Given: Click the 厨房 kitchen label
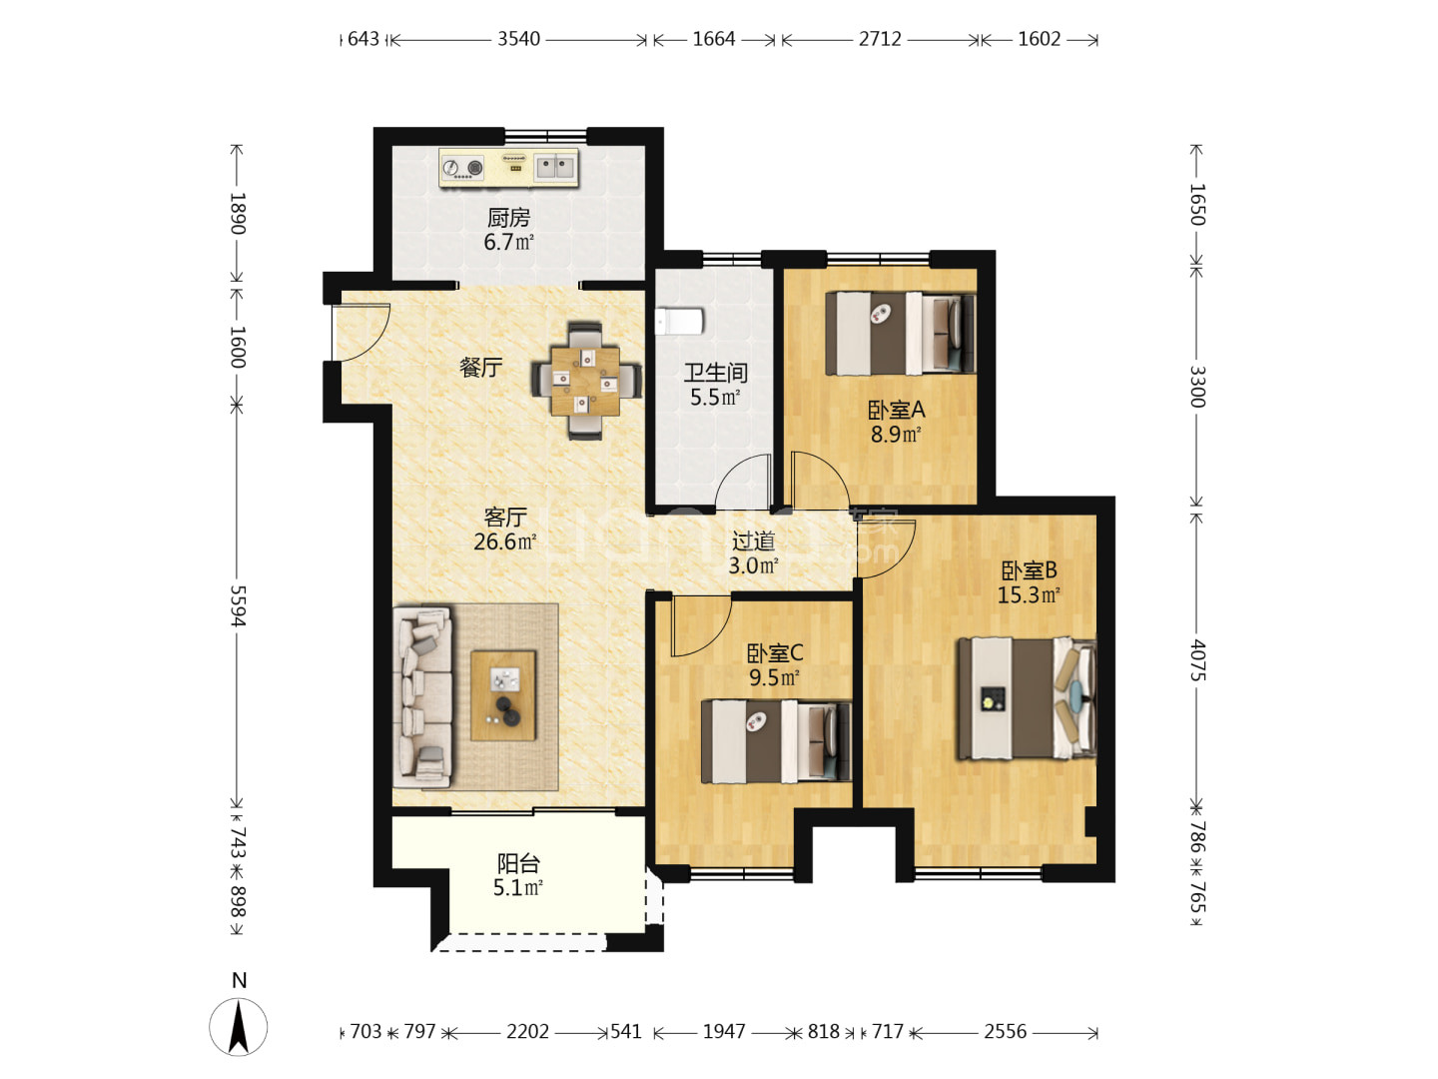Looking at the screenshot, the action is pos(508,217).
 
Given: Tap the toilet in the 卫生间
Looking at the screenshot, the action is pos(679,321).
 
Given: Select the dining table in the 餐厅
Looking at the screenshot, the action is pos(585,381).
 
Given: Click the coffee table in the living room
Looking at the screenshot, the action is pos(503,695).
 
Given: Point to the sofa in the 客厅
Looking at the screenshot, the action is pos(422,697).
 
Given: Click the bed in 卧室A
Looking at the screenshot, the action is pos(900,334).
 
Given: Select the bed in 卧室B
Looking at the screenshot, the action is pos(1027,698).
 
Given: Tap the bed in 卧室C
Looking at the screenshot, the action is pos(776,741).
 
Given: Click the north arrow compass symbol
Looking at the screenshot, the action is pos(239,1027).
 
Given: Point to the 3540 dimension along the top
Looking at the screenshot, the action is pos(519,39).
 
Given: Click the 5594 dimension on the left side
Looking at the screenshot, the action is pos(237,606).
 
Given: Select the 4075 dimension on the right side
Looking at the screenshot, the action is pos(1197,660).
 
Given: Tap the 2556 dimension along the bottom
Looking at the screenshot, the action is pos(1005,1032).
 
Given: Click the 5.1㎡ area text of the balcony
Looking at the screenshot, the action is pos(518,888).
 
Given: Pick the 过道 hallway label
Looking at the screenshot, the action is pos(753,541).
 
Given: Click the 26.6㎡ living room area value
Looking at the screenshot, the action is pos(505,541).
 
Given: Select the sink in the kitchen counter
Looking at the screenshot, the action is pos(555,167).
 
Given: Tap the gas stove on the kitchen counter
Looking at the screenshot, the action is pos(463,168).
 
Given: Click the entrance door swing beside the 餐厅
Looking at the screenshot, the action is pos(360,332).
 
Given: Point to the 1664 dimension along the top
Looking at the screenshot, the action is pos(714,39).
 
